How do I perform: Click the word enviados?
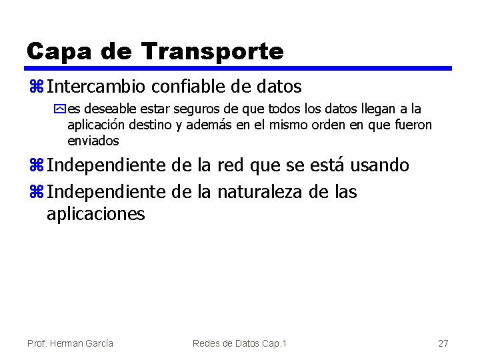coord(93,141)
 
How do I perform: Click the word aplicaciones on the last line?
coord(95,214)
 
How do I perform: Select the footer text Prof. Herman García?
coord(70,343)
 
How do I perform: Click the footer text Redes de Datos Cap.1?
coord(239,343)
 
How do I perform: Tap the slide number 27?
coord(443,343)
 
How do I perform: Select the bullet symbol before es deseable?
coord(61,109)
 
